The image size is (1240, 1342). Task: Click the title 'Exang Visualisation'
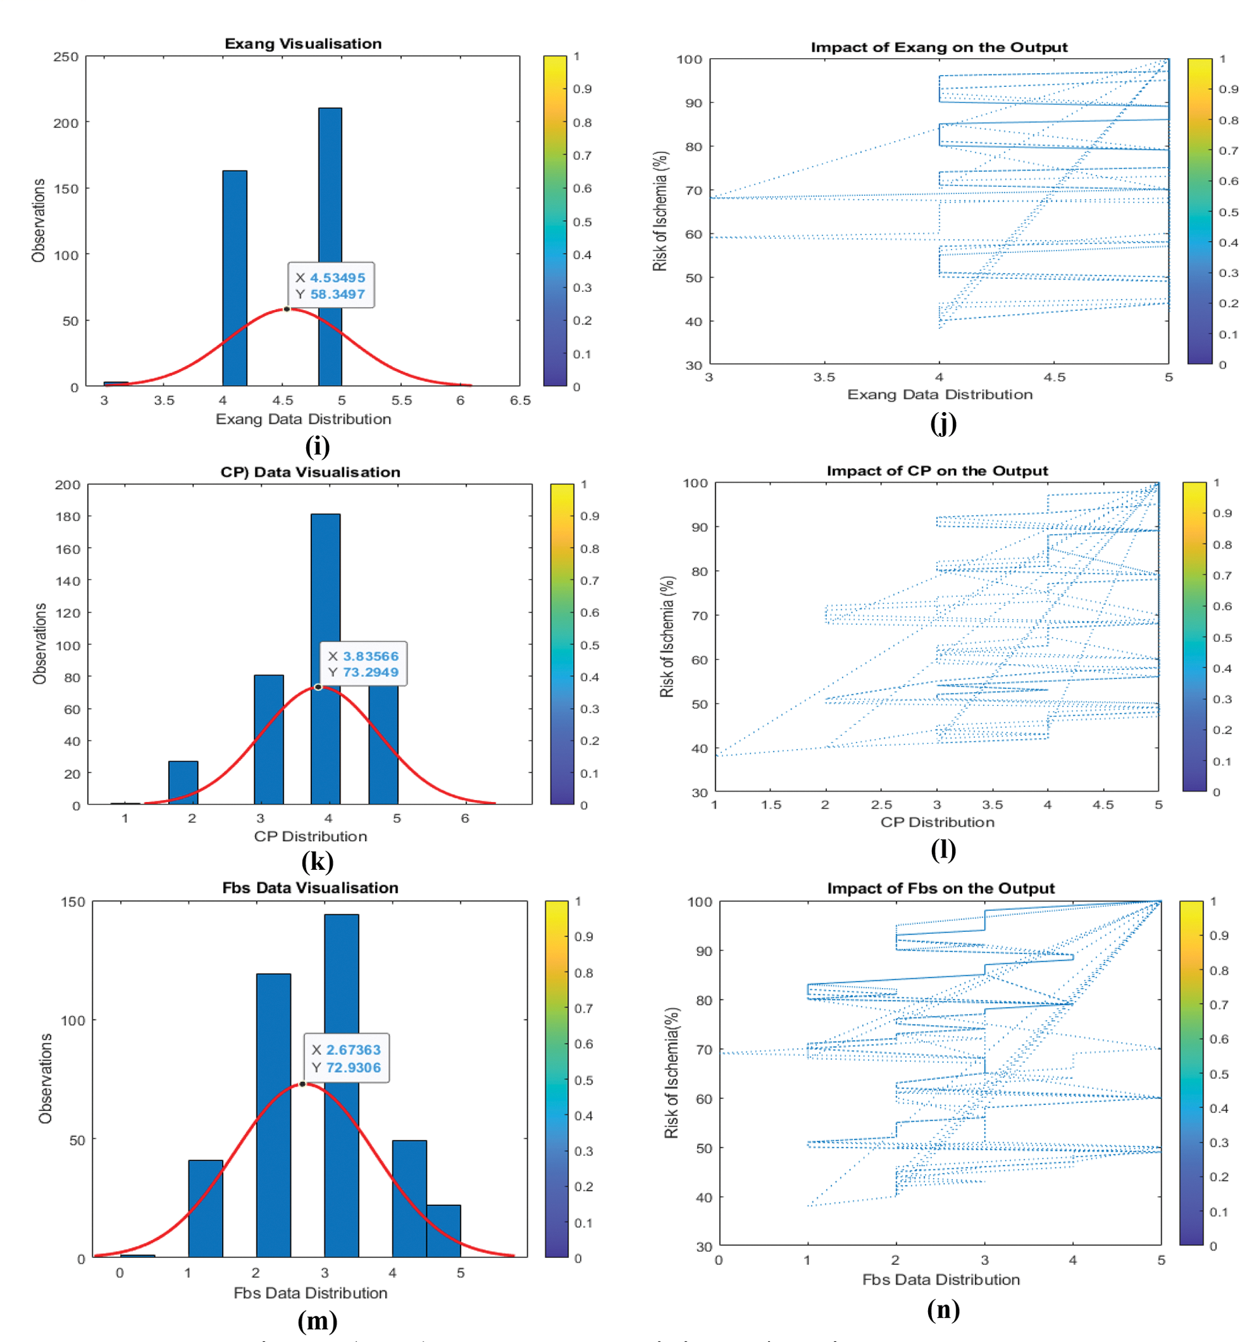click(x=303, y=44)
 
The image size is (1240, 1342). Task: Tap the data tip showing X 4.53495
click(x=331, y=285)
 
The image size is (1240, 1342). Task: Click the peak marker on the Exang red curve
click(x=287, y=309)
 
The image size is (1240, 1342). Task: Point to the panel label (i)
click(x=317, y=447)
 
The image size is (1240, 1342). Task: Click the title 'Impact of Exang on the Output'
click(x=938, y=47)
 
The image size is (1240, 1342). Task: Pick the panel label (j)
click(x=943, y=423)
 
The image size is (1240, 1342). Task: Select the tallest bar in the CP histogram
click(x=326, y=658)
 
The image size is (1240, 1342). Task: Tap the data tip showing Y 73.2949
click(x=363, y=664)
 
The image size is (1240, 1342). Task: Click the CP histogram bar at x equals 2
click(x=183, y=782)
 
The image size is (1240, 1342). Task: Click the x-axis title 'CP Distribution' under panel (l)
click(x=937, y=822)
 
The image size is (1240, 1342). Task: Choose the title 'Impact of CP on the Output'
click(x=937, y=471)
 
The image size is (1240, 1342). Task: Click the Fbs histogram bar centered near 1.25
click(x=206, y=1208)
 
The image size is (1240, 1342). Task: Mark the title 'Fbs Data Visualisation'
click(x=310, y=887)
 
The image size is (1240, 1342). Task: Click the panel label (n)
click(x=943, y=1309)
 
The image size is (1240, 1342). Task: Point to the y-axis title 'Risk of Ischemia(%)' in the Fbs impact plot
click(x=672, y=1072)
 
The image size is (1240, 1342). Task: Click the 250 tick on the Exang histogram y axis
click(x=66, y=57)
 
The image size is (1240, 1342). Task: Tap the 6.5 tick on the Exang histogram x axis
click(x=520, y=401)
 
